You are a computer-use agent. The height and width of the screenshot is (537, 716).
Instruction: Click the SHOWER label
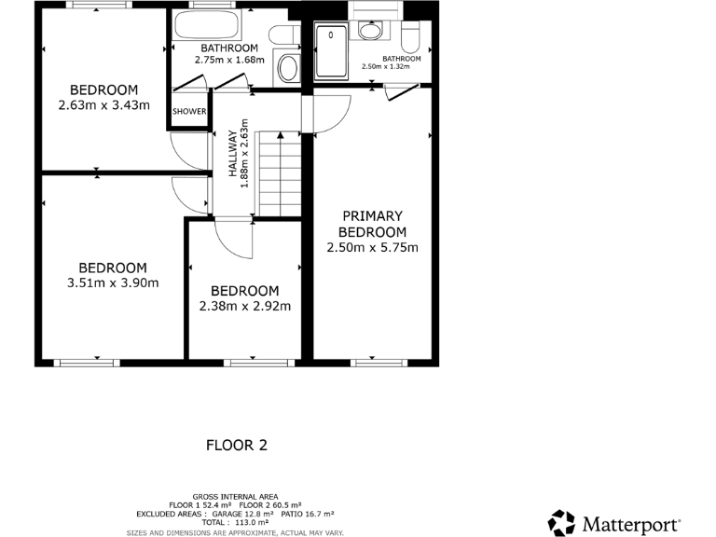pos(189,112)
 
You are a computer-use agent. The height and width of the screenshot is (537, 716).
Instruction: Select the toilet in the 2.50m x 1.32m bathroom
pos(409,38)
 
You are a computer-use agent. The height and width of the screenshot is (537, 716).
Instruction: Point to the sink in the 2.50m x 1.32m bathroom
pos(370,31)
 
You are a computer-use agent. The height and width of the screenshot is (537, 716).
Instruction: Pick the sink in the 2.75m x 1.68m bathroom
pos(289,67)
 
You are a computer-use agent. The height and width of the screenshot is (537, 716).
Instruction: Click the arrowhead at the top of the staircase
pos(281,136)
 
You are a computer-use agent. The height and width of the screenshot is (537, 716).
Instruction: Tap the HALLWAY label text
pos(232,153)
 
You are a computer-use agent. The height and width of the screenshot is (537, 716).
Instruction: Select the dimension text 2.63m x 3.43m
pos(103,105)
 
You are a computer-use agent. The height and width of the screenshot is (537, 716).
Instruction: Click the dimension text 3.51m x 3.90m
pos(112,283)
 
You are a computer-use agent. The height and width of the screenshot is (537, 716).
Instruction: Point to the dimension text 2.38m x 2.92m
pos(244,306)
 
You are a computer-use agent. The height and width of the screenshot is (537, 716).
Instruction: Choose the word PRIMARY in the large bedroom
pos(372,215)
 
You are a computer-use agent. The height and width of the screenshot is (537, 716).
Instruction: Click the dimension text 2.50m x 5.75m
pos(372,248)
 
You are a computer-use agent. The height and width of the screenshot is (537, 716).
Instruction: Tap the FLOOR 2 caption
pos(236,446)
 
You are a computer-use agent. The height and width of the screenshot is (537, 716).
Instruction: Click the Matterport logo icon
pos(561,522)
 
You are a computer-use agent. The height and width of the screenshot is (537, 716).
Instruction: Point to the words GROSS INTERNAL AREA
pos(236,496)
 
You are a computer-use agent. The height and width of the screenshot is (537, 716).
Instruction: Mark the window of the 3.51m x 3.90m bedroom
pos(85,362)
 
